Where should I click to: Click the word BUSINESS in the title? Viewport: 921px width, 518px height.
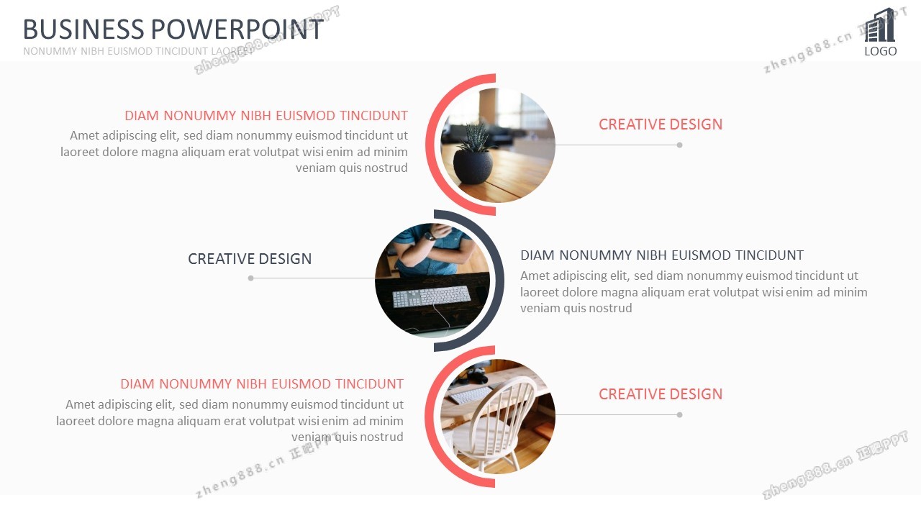click(x=83, y=29)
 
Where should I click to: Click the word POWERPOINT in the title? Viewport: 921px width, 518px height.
click(x=237, y=29)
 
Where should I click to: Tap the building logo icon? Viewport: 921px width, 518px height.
click(x=880, y=25)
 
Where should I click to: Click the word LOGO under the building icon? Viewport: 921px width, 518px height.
click(x=880, y=51)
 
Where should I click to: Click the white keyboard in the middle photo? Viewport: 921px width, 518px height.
click(x=431, y=296)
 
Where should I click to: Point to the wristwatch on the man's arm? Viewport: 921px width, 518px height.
click(x=430, y=236)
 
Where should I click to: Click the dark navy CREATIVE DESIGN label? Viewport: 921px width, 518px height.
click(x=250, y=259)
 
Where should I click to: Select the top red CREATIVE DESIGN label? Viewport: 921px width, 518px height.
click(x=661, y=124)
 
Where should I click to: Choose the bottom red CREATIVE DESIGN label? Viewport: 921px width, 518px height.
click(x=661, y=394)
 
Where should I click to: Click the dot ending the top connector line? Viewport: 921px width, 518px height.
click(x=680, y=145)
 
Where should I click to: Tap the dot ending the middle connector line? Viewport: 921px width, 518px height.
click(x=251, y=278)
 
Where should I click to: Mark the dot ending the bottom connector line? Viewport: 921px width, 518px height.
click(x=680, y=415)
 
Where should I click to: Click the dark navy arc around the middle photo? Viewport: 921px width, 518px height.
click(x=499, y=281)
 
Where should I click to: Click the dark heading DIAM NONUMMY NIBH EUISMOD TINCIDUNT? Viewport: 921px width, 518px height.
click(x=662, y=255)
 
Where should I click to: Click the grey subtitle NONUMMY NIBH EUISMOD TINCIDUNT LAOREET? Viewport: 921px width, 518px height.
click(x=138, y=51)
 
